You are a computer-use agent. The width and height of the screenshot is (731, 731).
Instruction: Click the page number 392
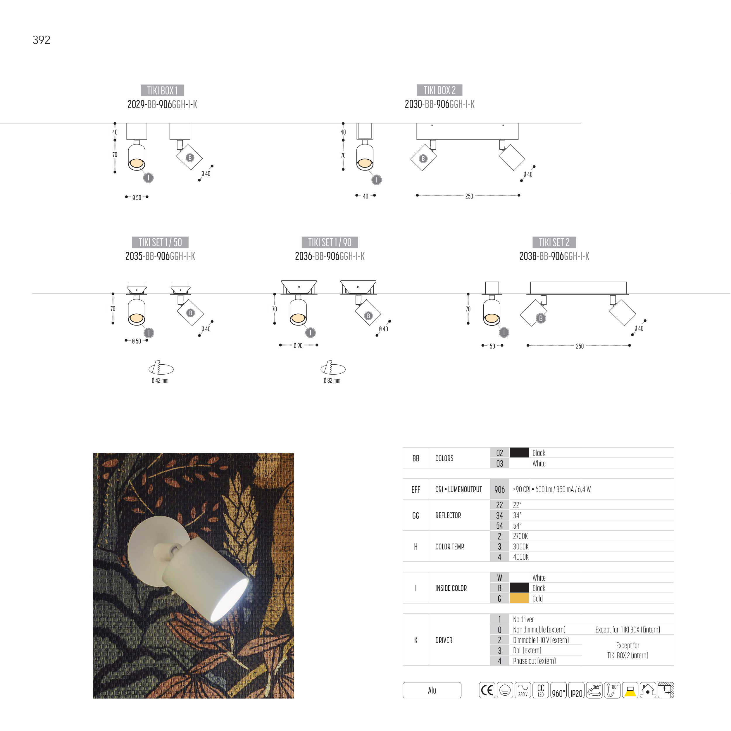[42, 40]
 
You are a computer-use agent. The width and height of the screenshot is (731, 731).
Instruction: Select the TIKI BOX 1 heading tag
[162, 90]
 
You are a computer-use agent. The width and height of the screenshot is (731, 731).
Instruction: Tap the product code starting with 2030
[440, 104]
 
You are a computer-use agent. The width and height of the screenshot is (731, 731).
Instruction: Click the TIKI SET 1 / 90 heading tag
[330, 242]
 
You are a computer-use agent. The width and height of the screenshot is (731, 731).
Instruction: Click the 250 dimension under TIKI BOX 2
[469, 196]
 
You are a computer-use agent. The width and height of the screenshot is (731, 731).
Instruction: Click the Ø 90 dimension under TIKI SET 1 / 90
[298, 345]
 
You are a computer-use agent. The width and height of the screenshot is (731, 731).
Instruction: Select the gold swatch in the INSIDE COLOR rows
[519, 599]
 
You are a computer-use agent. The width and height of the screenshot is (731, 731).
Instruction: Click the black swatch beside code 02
[519, 453]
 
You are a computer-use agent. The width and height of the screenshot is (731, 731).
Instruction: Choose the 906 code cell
[499, 489]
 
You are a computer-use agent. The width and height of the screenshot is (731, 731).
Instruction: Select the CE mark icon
[487, 690]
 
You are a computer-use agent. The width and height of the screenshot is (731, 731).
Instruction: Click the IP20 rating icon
[576, 690]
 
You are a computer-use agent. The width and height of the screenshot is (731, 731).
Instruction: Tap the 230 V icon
[523, 690]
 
